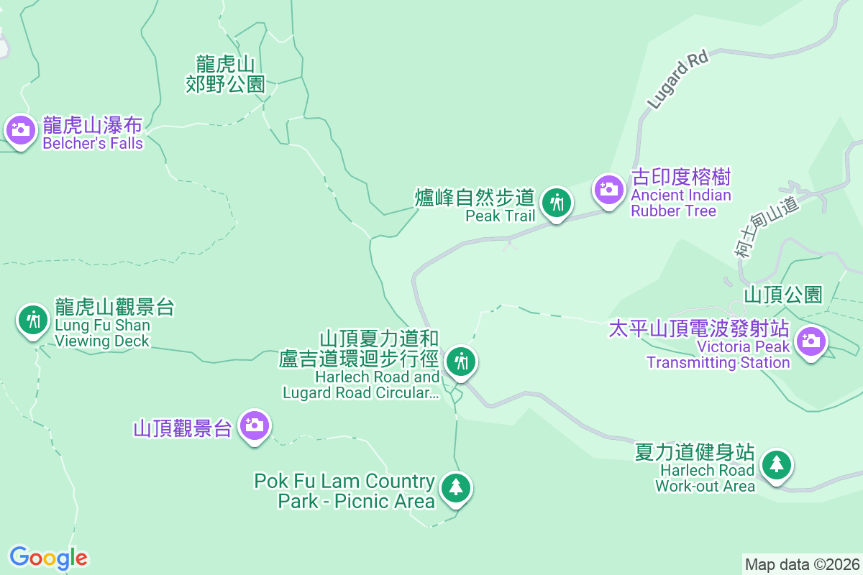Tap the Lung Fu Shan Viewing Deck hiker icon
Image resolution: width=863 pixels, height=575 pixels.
click(32, 318)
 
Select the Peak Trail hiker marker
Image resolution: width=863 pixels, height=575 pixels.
click(556, 203)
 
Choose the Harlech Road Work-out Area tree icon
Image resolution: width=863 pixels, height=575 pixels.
click(777, 464)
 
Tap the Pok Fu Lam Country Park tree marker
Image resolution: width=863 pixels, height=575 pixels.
click(455, 488)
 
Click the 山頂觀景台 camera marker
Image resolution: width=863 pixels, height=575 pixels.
click(254, 425)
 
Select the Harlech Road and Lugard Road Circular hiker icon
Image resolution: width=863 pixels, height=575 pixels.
click(460, 362)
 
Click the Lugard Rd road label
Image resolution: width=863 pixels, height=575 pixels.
click(677, 80)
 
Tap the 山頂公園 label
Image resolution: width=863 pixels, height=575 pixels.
click(782, 295)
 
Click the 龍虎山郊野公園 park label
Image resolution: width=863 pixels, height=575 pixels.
click(225, 75)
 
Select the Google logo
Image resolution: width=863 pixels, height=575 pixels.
click(48, 558)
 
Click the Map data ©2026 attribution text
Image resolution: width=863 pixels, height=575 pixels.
click(802, 564)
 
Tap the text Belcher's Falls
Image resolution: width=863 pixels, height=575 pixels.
click(93, 143)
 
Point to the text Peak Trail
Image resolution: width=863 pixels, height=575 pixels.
click(500, 216)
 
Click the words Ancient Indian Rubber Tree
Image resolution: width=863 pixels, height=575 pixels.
click(681, 203)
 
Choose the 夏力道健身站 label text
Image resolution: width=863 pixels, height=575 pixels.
click(695, 452)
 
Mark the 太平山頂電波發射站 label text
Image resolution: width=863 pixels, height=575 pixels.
click(699, 329)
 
